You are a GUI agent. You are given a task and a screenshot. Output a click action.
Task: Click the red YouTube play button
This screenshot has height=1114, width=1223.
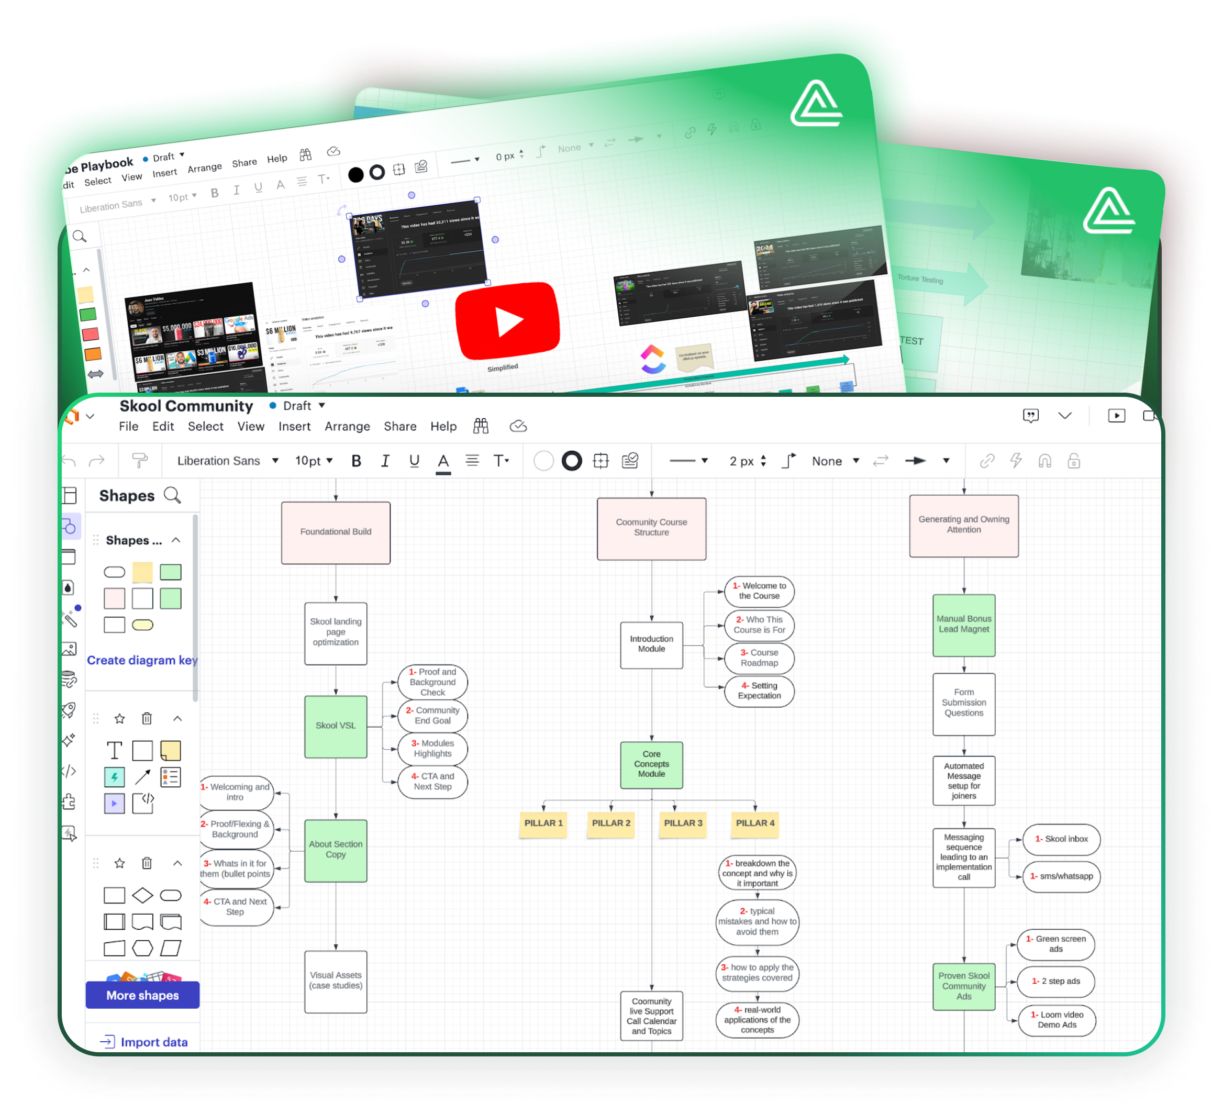click(508, 320)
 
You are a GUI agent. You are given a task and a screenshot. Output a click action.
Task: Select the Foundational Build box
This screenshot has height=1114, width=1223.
click(336, 532)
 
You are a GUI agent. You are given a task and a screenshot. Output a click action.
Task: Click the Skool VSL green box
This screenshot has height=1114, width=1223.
click(336, 726)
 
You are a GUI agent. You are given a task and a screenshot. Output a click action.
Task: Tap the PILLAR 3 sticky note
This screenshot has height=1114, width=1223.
click(683, 823)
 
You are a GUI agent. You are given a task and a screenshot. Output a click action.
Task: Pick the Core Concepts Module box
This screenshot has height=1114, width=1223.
click(651, 764)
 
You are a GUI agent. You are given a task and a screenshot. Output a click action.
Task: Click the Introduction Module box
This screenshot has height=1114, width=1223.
click(651, 644)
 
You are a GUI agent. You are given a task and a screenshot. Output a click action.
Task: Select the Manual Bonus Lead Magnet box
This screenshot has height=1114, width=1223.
click(963, 625)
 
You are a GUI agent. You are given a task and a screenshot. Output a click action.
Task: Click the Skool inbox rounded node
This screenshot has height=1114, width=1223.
click(1061, 839)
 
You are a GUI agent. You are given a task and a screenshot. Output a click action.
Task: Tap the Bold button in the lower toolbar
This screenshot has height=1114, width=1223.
click(356, 461)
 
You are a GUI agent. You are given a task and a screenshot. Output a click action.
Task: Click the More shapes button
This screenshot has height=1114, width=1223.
click(142, 995)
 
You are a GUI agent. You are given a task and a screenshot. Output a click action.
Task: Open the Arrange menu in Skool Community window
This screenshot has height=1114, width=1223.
click(347, 427)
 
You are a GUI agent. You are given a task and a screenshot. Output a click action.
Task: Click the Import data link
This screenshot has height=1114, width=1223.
click(153, 1042)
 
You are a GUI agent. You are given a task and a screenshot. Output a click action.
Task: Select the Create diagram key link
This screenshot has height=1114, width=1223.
click(142, 660)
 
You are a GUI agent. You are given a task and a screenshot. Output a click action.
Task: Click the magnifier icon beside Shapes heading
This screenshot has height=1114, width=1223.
click(172, 495)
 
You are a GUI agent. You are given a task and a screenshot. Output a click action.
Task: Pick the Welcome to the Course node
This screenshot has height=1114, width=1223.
click(759, 591)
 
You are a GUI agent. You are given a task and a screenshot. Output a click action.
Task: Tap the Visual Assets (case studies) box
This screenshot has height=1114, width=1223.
click(336, 981)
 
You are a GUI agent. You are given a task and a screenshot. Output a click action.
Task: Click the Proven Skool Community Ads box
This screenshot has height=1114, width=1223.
click(963, 986)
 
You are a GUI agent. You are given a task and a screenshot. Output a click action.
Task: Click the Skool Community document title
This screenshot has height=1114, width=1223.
click(186, 406)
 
